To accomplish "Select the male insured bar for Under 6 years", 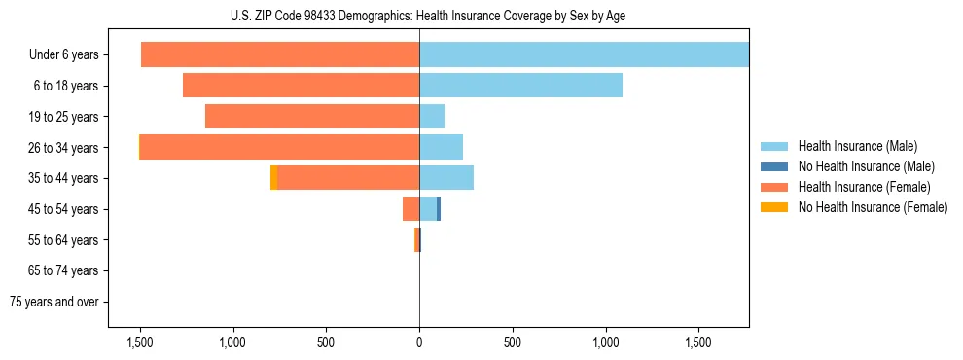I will tap(584, 55).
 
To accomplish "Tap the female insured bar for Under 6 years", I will tap(280, 55).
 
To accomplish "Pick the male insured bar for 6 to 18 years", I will tap(520, 86).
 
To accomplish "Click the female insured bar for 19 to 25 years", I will tap(312, 117).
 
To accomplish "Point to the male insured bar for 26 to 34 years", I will tap(441, 147).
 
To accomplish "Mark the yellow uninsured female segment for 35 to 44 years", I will tap(273, 178).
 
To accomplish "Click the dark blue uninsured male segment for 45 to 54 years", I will tap(439, 208).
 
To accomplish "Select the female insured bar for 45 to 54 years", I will tap(410, 208).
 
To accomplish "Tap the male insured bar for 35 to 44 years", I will tap(446, 178).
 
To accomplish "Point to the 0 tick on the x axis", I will tap(419, 342).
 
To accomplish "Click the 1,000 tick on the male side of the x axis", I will tap(606, 342).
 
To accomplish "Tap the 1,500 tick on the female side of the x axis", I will tap(139, 342).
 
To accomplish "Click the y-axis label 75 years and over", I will tap(54, 302).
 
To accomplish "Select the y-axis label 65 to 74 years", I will tap(64, 270).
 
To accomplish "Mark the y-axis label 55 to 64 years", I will tap(64, 240).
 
